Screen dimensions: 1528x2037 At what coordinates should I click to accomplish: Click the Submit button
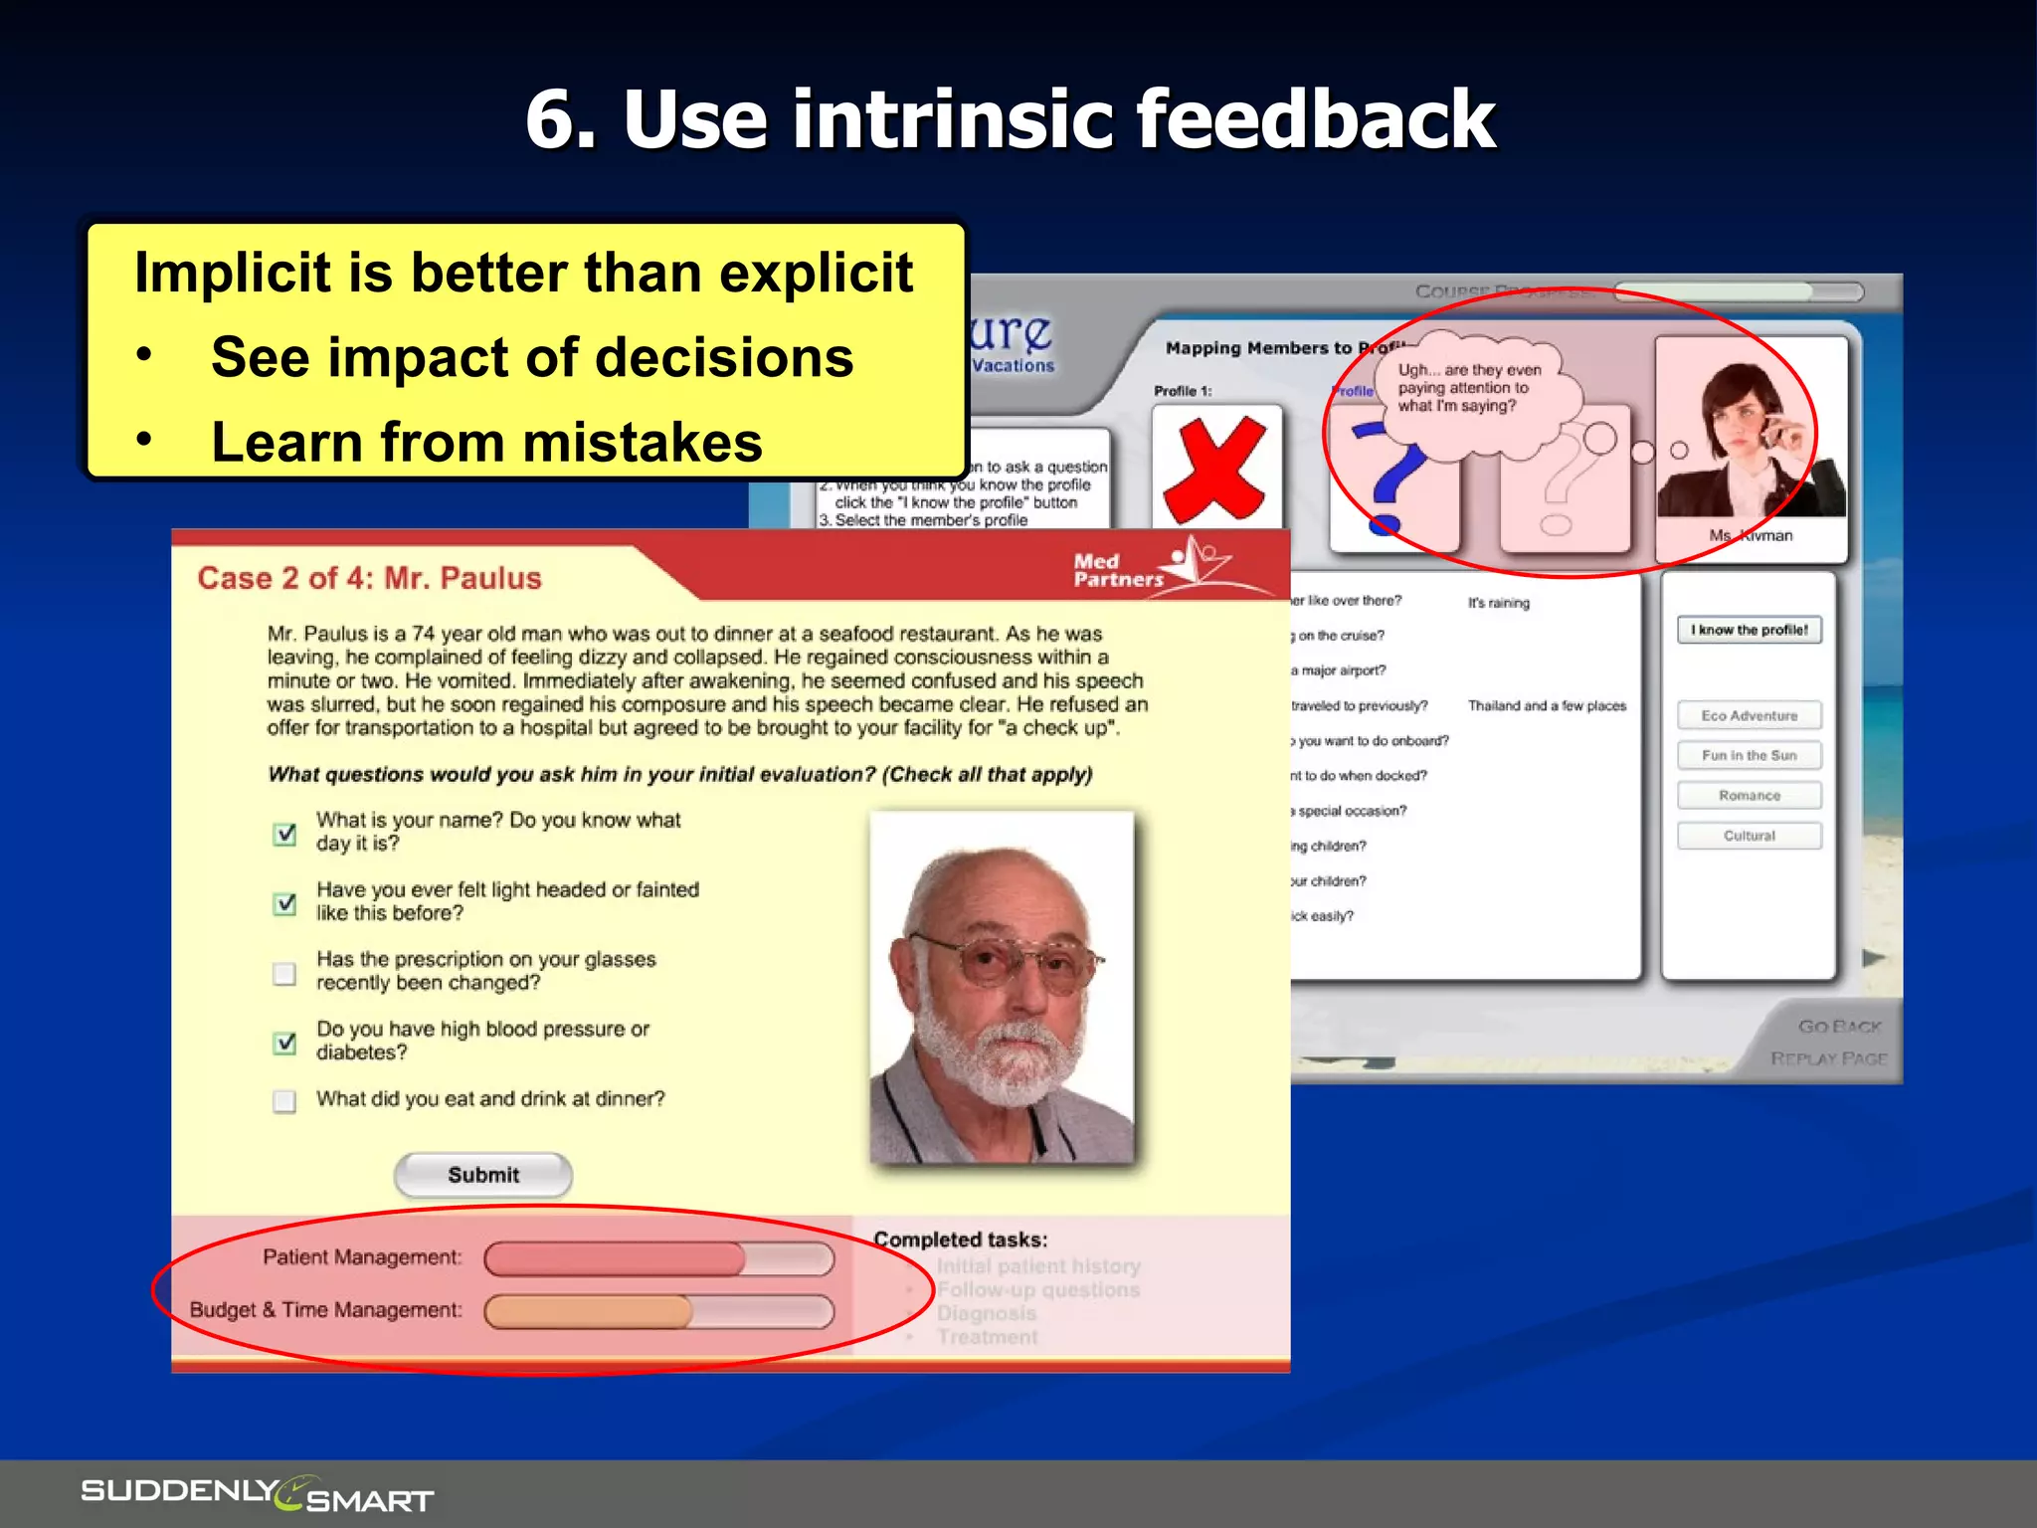click(483, 1175)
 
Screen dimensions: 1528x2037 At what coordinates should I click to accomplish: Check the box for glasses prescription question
click(284, 973)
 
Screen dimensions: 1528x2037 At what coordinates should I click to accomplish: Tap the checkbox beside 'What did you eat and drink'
click(284, 1101)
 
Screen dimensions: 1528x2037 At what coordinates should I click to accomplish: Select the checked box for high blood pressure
click(284, 1043)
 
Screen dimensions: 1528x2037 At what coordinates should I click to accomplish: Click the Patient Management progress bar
click(658, 1259)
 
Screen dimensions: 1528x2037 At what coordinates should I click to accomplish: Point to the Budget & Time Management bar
click(658, 1312)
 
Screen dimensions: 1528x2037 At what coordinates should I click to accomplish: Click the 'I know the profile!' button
click(1749, 630)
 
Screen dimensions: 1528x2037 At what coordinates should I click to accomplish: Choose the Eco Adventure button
click(1749, 715)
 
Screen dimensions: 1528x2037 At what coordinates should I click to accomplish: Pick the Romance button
click(1749, 796)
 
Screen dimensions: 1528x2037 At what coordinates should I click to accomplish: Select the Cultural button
click(1749, 836)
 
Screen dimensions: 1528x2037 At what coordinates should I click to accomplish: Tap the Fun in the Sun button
click(1749, 755)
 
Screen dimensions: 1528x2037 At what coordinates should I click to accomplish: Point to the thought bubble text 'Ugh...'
click(1468, 388)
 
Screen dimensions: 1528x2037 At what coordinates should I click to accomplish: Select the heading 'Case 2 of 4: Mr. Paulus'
click(369, 578)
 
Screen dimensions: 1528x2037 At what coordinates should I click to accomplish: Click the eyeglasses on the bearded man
click(1005, 959)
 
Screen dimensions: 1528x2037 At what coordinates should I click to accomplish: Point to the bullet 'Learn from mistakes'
click(485, 442)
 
